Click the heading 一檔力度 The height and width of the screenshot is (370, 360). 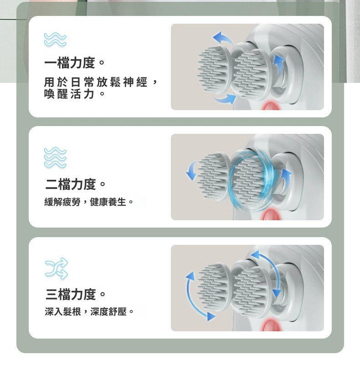coord(70,63)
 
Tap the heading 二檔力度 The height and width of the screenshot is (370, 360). coord(70,184)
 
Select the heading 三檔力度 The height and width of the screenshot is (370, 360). coord(70,294)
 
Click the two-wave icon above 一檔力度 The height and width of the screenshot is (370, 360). coord(55,40)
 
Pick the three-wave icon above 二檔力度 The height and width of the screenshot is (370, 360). coord(55,157)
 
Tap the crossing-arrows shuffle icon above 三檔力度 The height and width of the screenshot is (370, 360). coord(56,269)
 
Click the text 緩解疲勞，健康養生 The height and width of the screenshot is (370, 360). coord(85,202)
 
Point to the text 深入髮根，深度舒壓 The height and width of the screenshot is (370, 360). coord(86,312)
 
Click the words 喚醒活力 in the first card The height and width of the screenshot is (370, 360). coord(69,94)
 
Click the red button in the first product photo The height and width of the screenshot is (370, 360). coord(272,106)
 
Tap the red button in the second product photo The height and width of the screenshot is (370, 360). coord(272,215)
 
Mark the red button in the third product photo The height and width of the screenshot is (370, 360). coord(272,325)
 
